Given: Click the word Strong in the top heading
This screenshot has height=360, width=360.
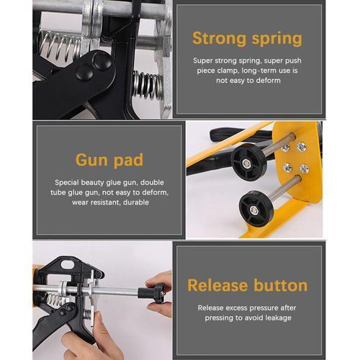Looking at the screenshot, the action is [x=219, y=38].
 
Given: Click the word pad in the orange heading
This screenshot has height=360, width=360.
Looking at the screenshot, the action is [x=128, y=161].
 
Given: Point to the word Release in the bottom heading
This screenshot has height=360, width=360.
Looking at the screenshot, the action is [x=217, y=285].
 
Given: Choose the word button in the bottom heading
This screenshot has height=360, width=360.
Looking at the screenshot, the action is [x=281, y=285].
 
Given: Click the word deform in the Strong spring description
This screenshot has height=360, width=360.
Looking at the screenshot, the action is [x=269, y=80].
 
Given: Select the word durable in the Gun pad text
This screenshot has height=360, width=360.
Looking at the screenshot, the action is [x=136, y=202].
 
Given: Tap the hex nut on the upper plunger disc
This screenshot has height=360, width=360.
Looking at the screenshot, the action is [x=246, y=164].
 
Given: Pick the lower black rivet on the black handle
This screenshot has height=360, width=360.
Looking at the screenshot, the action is [x=84, y=72].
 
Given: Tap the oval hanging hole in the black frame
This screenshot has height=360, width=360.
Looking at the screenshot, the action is [x=68, y=264].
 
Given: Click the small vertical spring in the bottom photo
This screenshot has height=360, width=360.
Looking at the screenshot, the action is [x=88, y=315].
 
